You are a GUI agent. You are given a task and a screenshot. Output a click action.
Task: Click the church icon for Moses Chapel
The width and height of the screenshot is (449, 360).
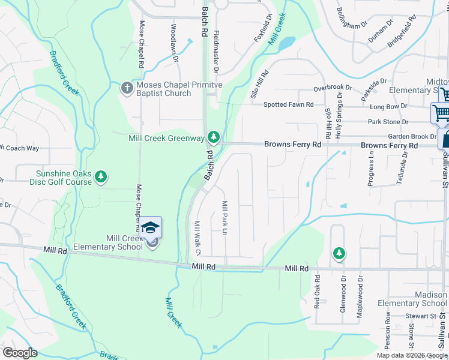(x=126, y=89)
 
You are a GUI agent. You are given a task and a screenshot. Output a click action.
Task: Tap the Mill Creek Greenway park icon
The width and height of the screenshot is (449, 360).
(x=213, y=138)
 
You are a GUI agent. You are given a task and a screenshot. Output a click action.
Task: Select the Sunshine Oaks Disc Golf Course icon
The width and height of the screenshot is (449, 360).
(x=102, y=176)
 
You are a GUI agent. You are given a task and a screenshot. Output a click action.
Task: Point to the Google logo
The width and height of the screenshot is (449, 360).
(x=20, y=353)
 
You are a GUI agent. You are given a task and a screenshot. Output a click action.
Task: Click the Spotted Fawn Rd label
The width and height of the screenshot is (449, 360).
(x=289, y=104)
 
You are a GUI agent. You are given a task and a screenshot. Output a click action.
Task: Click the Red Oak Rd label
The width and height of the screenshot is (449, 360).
(x=318, y=292)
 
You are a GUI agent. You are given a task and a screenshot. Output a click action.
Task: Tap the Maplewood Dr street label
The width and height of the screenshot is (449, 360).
(x=361, y=296)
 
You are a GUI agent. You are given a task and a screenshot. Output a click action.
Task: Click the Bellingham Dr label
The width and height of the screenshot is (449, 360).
(x=352, y=19)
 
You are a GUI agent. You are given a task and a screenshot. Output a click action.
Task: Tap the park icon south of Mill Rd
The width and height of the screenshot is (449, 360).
(x=340, y=254)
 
